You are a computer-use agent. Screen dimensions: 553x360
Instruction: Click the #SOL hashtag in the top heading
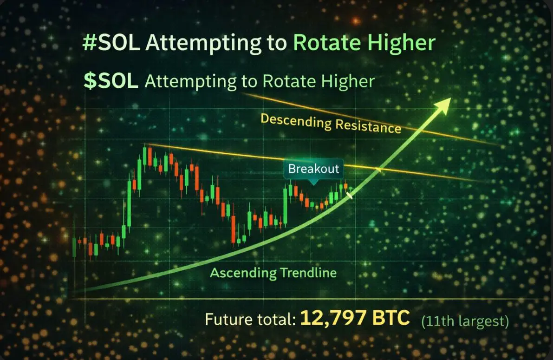[x=111, y=43]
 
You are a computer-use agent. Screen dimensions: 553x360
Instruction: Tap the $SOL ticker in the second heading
[x=111, y=81]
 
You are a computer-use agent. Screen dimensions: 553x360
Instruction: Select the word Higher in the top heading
[x=401, y=43]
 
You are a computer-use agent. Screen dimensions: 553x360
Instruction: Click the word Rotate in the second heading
[x=289, y=81]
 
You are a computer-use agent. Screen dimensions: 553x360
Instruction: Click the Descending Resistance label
[x=331, y=123]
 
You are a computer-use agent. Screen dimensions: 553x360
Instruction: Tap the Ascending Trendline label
[x=273, y=273]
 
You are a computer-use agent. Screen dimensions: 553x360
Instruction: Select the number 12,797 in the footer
[x=333, y=318]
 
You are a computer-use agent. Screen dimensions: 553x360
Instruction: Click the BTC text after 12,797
[x=391, y=318]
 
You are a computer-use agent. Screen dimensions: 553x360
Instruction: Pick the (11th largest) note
[x=465, y=321]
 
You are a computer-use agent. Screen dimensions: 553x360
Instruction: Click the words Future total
[x=250, y=320]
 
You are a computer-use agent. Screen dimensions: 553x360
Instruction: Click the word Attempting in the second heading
[x=190, y=82]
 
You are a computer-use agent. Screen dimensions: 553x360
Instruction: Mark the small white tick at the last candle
[x=350, y=195]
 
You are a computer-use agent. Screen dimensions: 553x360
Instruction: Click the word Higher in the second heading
[x=348, y=82]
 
